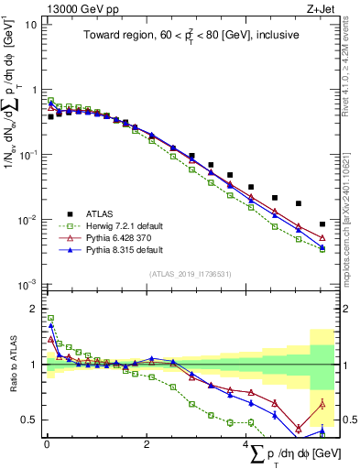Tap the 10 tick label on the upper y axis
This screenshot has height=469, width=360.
coord(30,25)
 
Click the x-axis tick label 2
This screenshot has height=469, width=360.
coord(147,444)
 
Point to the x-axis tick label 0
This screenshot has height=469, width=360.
coord(47,444)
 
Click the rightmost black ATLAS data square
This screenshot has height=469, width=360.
coord(322,224)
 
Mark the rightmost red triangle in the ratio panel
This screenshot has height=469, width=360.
coord(322,404)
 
